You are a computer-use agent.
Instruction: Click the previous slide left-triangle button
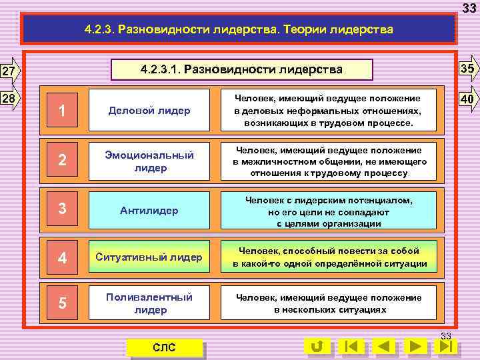[384, 347]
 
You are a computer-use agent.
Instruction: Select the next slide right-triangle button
[416, 347]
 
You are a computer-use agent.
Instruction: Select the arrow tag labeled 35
[468, 69]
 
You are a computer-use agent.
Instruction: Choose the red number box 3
[62, 210]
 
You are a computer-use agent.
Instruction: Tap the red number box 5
[62, 303]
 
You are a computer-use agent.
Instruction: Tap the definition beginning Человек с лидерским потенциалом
[329, 210]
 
